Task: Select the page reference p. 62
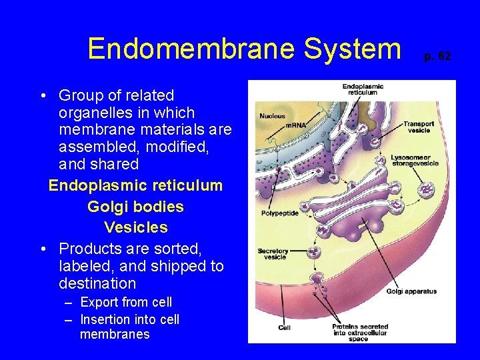pos(437,56)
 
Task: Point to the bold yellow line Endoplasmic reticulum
pos(135,185)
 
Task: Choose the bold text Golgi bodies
pos(135,207)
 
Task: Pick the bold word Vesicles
pos(135,227)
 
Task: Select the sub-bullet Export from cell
pos(125,302)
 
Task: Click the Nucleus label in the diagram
pos(272,115)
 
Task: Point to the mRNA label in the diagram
pos(295,125)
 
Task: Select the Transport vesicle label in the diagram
pos(419,127)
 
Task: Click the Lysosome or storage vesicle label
pos(415,161)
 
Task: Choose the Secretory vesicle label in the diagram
pos(272,254)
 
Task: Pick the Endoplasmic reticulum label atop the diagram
pos(363,89)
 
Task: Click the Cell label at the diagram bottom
pos(285,327)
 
